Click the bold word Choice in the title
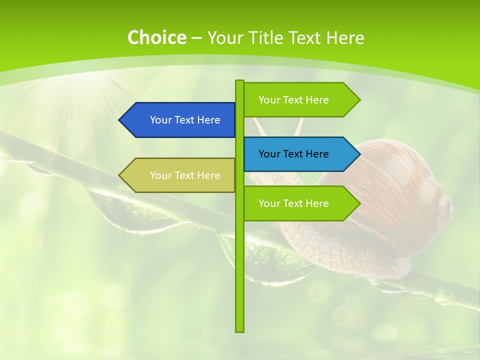(156, 37)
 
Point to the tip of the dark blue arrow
(120, 120)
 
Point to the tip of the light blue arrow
(359, 154)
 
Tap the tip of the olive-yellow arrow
(120, 175)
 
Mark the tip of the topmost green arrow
(359, 100)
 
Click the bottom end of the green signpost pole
(240, 330)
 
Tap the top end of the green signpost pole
(240, 81)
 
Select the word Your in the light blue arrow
(269, 154)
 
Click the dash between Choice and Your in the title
(196, 37)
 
